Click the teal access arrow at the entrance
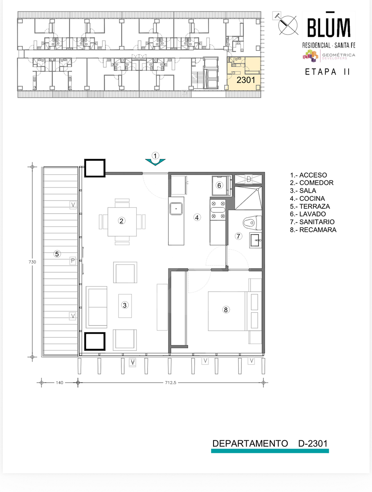[155, 162]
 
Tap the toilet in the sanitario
[252, 223]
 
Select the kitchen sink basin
[176, 208]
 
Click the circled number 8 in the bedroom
[226, 310]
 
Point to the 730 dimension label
[32, 262]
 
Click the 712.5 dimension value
[171, 383]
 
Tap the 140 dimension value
[59, 383]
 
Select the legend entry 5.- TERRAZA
[310, 206]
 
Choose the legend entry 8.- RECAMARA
[313, 230]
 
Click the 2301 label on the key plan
[246, 80]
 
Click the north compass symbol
[288, 25]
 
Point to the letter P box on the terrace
[73, 261]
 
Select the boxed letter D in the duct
[249, 179]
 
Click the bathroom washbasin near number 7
[256, 240]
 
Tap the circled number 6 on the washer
[219, 185]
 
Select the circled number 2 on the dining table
[121, 221]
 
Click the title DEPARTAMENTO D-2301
[270, 443]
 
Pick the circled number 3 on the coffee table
[125, 305]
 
